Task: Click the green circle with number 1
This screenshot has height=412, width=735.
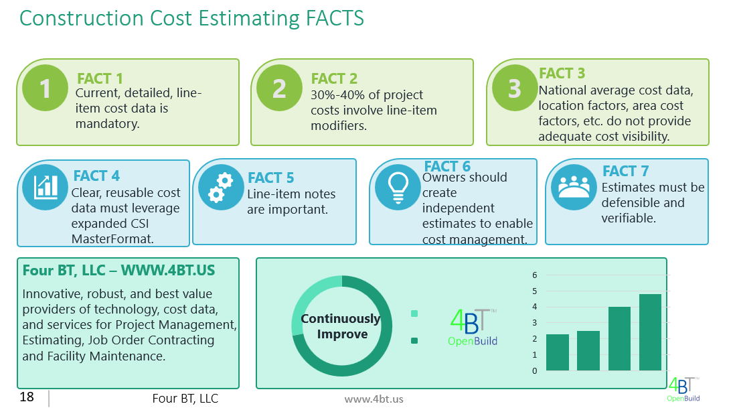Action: click(46, 88)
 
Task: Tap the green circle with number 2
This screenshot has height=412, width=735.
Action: click(279, 88)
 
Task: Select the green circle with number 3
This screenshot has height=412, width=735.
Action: click(514, 88)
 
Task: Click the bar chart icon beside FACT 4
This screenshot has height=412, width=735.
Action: click(45, 187)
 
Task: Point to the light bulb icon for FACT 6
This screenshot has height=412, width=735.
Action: click(397, 187)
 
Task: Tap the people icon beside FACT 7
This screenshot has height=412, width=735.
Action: click(573, 187)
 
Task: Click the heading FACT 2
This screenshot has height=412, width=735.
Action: click(334, 79)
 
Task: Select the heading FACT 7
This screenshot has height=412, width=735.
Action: click(625, 171)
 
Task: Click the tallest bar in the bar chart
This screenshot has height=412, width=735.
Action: click(650, 332)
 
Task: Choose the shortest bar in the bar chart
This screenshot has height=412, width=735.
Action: click(558, 352)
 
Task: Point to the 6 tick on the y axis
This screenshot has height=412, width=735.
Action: click(535, 275)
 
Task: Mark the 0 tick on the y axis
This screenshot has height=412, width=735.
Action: click(535, 370)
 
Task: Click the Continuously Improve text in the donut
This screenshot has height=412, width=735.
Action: click(340, 326)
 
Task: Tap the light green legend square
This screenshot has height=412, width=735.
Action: click(414, 314)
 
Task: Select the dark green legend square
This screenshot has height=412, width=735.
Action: click(414, 341)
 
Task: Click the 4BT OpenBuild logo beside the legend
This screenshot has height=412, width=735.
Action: click(473, 327)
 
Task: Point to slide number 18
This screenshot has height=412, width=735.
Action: click(27, 397)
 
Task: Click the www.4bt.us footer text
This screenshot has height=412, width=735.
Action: click(374, 399)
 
